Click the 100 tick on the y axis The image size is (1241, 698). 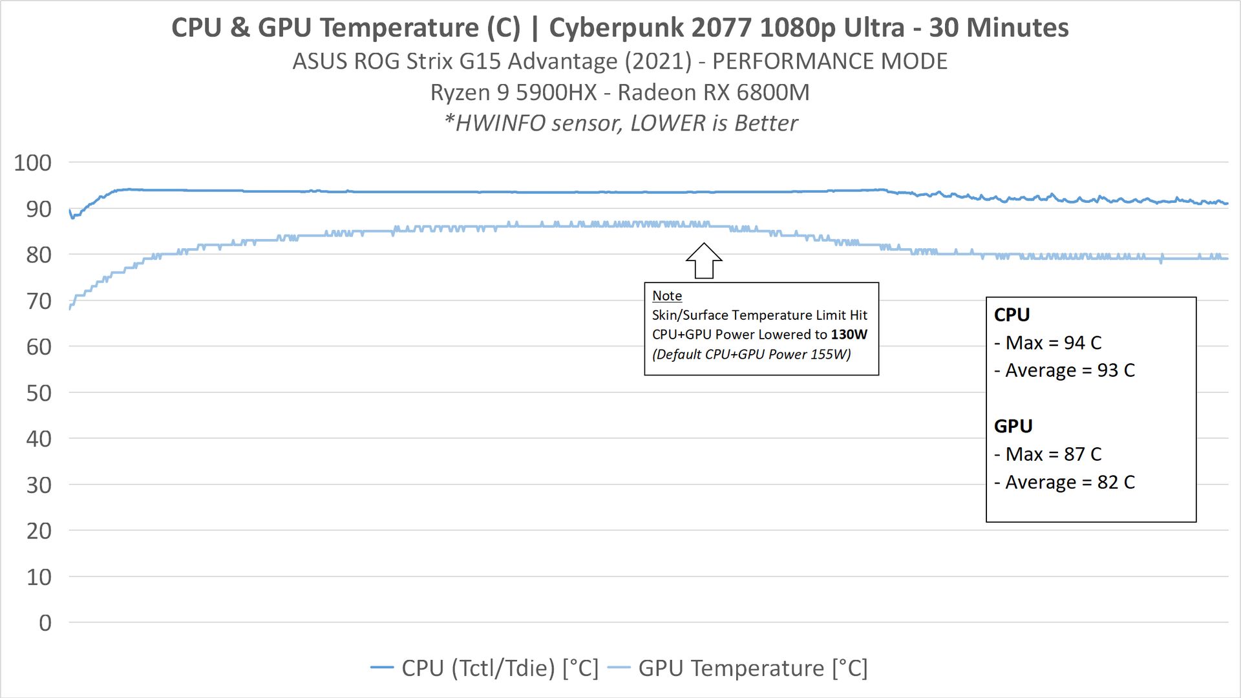coord(32,163)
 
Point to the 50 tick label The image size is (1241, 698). coord(38,393)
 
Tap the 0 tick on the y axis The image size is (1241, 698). coord(45,623)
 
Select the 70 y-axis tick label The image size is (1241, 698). coord(38,301)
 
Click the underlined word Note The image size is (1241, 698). coord(666,296)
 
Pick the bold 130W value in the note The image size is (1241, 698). coord(849,335)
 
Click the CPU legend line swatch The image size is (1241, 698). coord(382,668)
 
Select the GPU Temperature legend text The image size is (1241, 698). coord(752,668)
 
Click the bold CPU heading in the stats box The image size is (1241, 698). coord(1012,315)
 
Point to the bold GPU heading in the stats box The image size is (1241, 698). coord(1013,427)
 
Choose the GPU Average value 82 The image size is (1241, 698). coord(1107,483)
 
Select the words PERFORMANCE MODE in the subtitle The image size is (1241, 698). coord(829,61)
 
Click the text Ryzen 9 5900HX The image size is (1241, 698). coord(513,92)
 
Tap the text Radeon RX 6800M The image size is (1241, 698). coord(714,92)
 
